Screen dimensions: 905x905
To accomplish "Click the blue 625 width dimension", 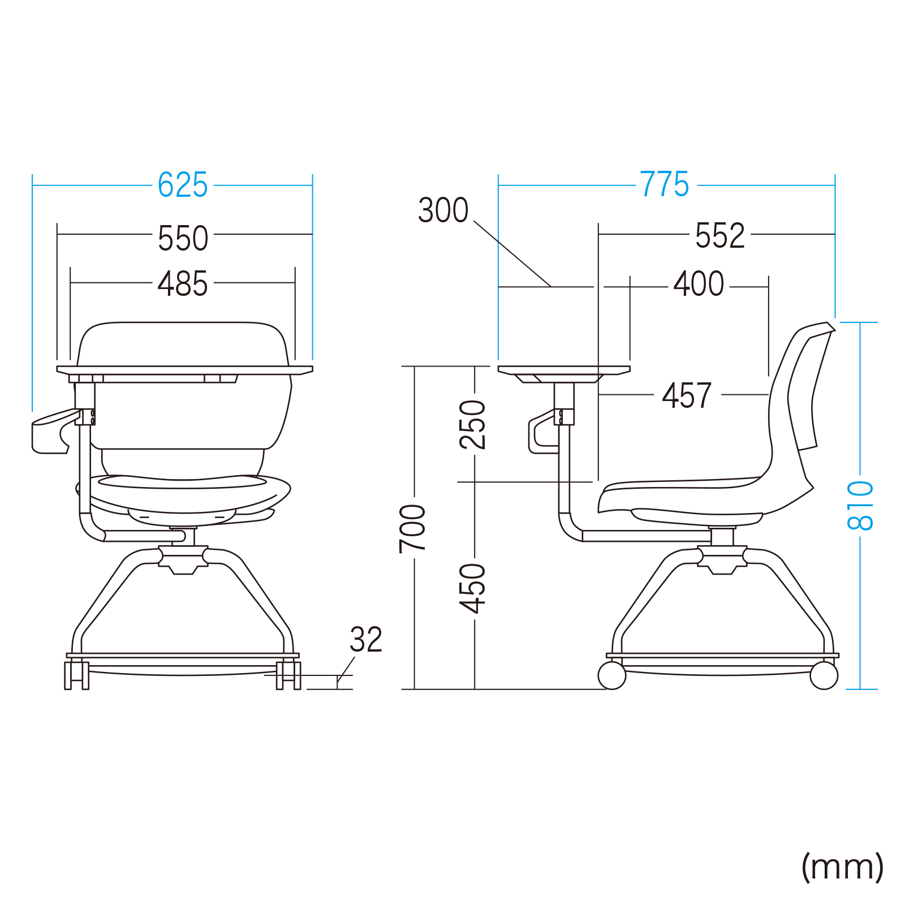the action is click(183, 185).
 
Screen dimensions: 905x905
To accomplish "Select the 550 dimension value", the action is click(183, 238).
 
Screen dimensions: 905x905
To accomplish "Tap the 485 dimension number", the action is click(183, 283).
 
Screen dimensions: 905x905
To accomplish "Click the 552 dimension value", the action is click(720, 235).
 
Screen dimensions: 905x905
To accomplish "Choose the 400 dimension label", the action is click(699, 283).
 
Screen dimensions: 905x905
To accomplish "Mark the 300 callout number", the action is click(443, 210).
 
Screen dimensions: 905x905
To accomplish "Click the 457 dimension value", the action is click(687, 395).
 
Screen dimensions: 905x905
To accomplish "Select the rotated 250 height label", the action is click(473, 425).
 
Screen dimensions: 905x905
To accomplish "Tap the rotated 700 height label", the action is click(412, 529).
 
